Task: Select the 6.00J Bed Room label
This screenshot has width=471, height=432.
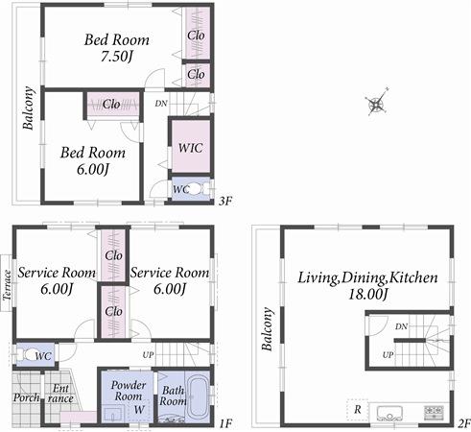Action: pyautogui.click(x=87, y=160)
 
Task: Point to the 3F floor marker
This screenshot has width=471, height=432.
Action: pyautogui.click(x=225, y=201)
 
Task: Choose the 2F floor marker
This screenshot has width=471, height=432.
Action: pyautogui.click(x=463, y=422)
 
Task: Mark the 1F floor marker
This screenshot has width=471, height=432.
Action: pyautogui.click(x=225, y=422)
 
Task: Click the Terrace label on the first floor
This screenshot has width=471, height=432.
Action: pyautogui.click(x=8, y=285)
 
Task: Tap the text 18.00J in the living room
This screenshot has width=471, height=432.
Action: pyautogui.click(x=367, y=294)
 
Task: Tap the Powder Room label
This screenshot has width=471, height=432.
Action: pyautogui.click(x=128, y=391)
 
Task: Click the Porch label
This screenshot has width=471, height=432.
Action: pyautogui.click(x=25, y=397)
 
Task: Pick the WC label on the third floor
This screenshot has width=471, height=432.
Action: pyautogui.click(x=180, y=189)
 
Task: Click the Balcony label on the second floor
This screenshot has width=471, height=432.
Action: pyautogui.click(x=268, y=330)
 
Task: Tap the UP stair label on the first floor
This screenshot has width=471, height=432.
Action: pyautogui.click(x=148, y=354)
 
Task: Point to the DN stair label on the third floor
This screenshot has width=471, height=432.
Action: pyautogui.click(x=161, y=103)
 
